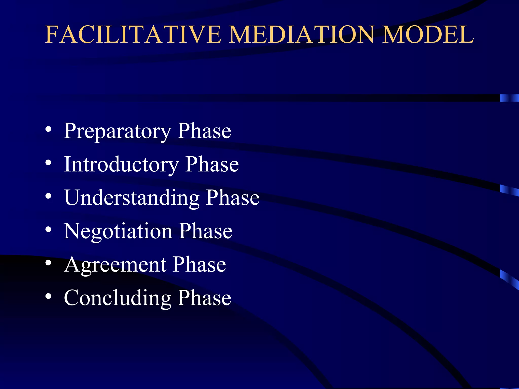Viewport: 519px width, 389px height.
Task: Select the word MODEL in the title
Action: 428,35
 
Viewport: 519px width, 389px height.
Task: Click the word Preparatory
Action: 117,131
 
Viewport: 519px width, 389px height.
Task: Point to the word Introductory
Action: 121,165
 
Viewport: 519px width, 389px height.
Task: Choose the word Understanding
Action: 132,198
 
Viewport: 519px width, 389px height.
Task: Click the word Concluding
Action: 117,298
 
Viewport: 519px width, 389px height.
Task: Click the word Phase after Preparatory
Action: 204,131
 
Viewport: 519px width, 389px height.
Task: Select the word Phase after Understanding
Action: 233,198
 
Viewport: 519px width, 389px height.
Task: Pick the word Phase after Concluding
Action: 204,298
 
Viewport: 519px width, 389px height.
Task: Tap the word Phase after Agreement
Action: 199,265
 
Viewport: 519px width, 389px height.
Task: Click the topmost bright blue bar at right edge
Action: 509,98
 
